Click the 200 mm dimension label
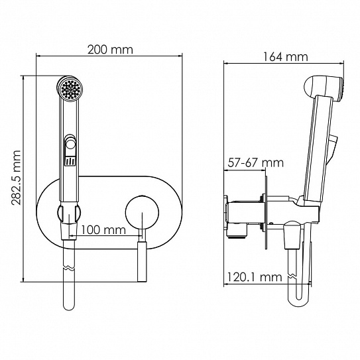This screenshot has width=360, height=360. [x=110, y=50]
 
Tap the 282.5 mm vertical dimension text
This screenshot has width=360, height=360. [x=17, y=178]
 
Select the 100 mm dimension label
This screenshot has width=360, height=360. [x=103, y=229]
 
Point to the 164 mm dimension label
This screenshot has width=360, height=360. [x=285, y=57]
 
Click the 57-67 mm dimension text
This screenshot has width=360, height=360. [x=255, y=163]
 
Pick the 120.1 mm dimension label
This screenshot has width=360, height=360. [x=255, y=277]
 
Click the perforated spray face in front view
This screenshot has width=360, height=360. [x=70, y=89]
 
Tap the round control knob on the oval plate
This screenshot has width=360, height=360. [x=142, y=212]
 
